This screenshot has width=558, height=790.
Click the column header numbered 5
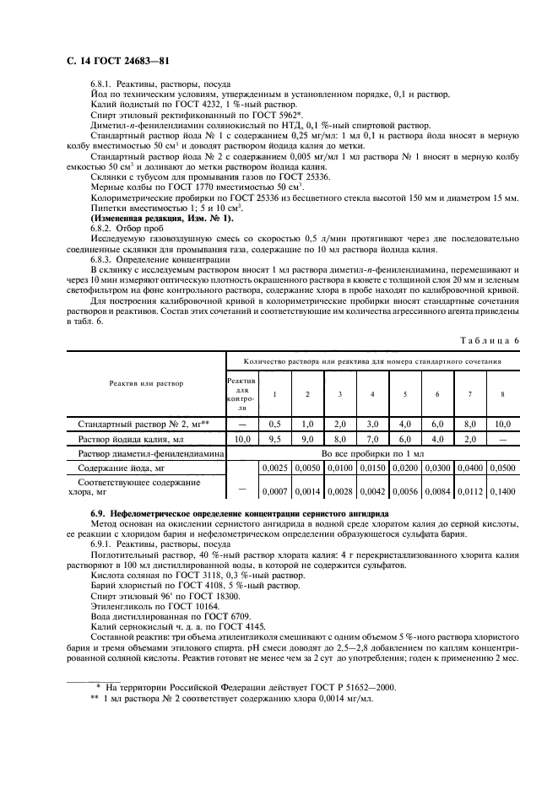tap(404, 394)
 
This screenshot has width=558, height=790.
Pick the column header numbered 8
tap(502, 394)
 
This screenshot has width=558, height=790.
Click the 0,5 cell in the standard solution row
tap(274, 424)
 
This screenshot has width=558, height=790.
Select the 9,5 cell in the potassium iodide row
tap(274, 439)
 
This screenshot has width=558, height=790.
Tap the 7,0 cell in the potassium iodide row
tap(372, 439)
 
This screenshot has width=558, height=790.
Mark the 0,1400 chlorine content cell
tap(502, 490)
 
